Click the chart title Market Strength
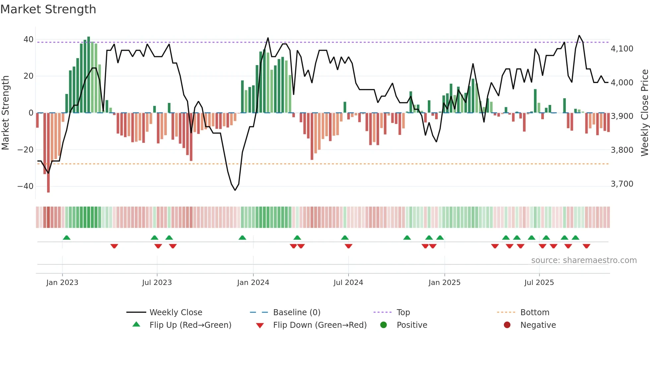point(48,9)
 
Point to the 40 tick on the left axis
point(28,40)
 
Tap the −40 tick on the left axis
point(25,186)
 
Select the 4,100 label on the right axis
point(622,49)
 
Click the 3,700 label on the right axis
point(622,184)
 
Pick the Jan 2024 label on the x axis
point(253,283)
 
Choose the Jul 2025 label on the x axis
point(539,283)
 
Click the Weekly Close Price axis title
point(644,113)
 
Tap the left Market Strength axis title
point(5,113)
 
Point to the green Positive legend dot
point(383,325)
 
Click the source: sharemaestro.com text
point(584,260)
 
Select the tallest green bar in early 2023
point(89,75)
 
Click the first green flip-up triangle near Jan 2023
point(67,238)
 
